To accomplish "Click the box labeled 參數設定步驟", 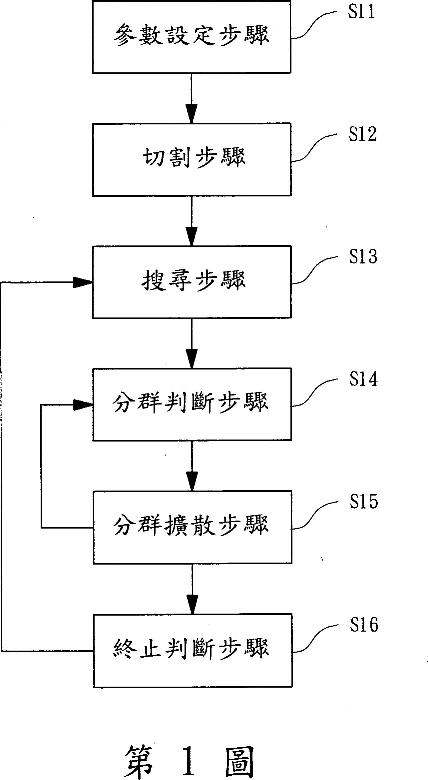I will coord(192,37).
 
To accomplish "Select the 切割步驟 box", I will coord(192,159).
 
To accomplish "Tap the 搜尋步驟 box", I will coord(192,282).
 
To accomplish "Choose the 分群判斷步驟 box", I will coord(192,404).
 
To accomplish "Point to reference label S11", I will coord(361,12).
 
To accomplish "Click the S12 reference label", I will coord(362,134).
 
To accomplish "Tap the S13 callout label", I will coord(363,257).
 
